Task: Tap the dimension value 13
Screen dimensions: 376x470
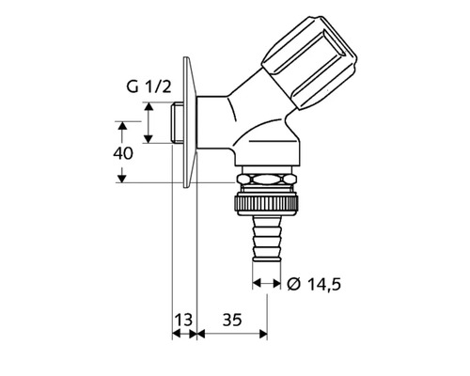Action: tap(183, 321)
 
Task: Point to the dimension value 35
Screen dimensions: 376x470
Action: tap(231, 321)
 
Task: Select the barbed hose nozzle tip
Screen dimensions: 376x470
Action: tap(268, 240)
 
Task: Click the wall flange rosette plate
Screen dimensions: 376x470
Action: tap(190, 122)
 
